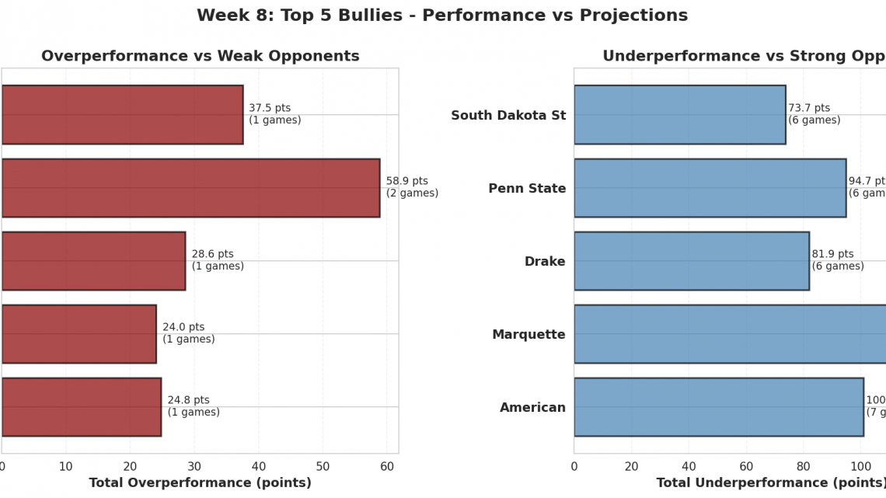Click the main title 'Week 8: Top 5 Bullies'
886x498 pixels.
[442, 16]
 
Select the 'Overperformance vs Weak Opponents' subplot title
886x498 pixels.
[201, 56]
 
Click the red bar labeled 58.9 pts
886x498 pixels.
[190, 188]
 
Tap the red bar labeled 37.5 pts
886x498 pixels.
[122, 115]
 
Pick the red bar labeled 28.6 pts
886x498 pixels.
[93, 261]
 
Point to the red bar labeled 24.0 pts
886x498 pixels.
[78, 334]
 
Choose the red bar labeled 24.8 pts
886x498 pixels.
[81, 407]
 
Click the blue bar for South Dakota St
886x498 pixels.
[679, 115]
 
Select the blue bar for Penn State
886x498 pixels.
[710, 188]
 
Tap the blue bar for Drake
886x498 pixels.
[691, 261]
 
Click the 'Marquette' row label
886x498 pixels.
[528, 335]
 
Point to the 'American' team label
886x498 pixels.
[532, 408]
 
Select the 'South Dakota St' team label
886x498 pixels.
[508, 116]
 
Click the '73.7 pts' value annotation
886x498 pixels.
[809, 108]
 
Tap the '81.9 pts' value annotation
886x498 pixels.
[832, 254]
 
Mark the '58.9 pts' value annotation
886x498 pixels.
[407, 181]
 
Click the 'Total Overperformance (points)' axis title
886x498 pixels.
[201, 482]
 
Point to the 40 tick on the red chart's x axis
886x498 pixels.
[259, 466]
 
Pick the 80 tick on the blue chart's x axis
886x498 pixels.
[804, 466]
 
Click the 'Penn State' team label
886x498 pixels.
[527, 189]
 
